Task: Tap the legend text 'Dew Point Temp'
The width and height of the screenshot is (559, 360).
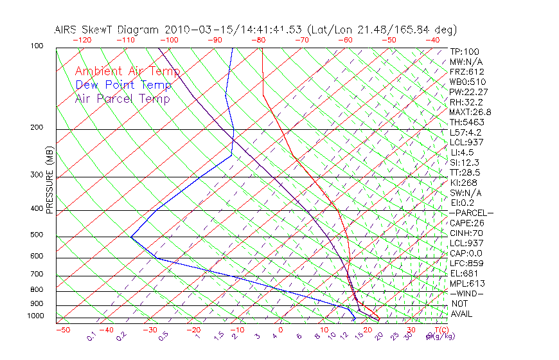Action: pos(123,85)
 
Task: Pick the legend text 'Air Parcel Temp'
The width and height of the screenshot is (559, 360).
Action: pos(122,98)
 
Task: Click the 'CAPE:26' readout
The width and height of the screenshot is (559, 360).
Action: pos(466,223)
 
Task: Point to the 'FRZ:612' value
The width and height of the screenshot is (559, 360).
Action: pos(467,71)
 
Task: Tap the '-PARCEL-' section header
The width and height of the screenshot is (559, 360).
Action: pos(472,213)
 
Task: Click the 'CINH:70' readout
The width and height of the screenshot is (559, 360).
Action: pos(466,233)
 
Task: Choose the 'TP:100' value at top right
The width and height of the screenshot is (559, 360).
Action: pos(465,51)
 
